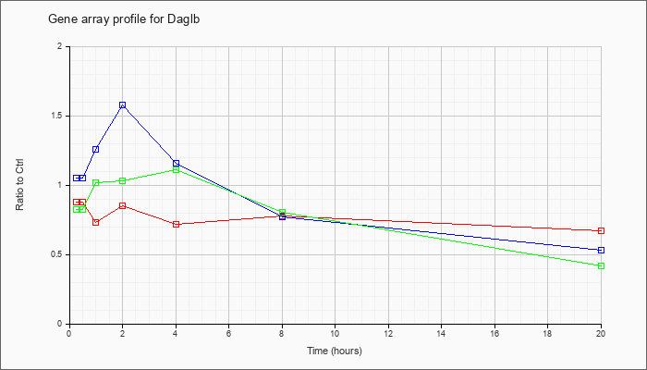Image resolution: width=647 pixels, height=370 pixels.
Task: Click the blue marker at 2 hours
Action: coord(123,105)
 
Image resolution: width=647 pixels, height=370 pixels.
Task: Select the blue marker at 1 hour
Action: coord(96,149)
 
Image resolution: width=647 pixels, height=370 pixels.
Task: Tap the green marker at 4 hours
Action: coord(177,169)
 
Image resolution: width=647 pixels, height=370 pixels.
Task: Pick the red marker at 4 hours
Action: coord(177,224)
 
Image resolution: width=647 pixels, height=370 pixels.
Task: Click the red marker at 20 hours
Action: coord(601,230)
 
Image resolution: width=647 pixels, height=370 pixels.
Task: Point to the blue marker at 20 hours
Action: coord(601,250)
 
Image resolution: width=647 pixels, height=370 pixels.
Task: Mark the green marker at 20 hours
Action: coord(601,265)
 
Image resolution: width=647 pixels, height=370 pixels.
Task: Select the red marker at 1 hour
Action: coord(96,222)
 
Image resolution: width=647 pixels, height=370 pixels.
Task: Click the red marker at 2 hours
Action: coord(123,205)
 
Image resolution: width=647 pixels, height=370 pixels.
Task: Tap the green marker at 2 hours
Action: coord(123,180)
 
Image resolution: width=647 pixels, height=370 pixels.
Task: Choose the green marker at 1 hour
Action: coord(96,182)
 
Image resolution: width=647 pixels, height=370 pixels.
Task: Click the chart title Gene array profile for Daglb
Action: coord(124,19)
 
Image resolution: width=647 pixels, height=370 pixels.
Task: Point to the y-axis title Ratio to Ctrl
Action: coord(19,184)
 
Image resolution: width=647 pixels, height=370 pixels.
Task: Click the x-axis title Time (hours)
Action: coord(335,351)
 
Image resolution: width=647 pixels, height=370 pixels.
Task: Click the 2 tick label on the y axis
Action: coord(61,46)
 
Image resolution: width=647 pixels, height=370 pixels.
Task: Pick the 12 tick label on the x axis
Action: coord(388,333)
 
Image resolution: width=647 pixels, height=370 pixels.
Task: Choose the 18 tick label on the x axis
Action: coord(547,333)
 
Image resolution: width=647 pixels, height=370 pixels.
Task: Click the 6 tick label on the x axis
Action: coord(229,333)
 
